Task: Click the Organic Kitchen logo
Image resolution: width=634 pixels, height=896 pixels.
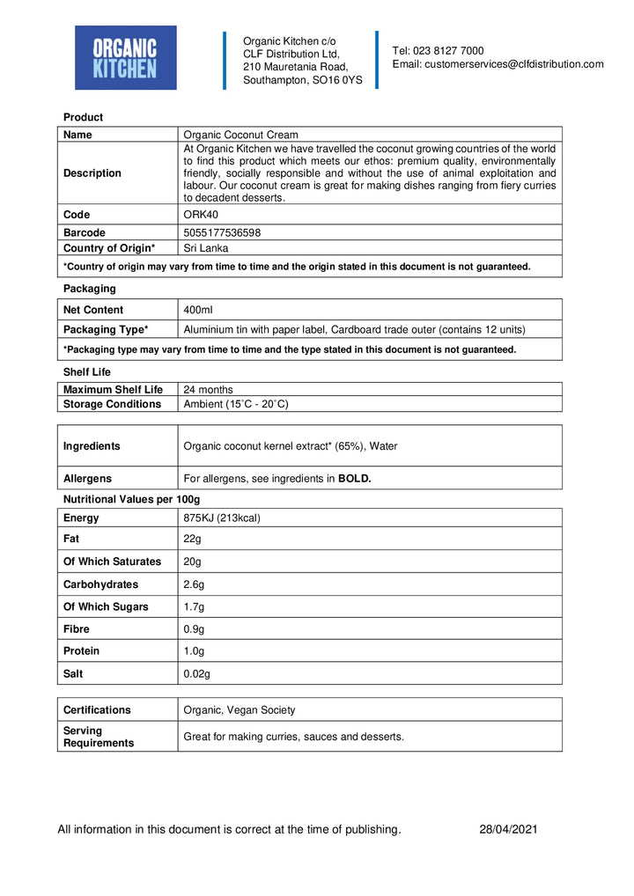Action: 125,57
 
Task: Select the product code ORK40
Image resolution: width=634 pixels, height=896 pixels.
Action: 201,215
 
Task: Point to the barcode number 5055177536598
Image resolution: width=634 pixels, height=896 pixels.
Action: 221,232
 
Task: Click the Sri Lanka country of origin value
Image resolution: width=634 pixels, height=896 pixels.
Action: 205,248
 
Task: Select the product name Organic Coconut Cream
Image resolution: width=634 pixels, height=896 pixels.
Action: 240,135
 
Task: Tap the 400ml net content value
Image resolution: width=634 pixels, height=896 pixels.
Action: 198,310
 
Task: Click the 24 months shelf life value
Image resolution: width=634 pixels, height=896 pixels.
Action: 208,389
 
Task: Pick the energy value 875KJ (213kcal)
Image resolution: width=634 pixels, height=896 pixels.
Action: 222,518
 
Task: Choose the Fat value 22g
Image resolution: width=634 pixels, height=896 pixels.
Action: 192,539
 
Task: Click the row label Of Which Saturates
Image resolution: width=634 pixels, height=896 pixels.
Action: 112,562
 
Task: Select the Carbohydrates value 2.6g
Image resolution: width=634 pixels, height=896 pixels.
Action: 194,584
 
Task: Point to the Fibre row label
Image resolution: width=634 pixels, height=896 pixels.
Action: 77,629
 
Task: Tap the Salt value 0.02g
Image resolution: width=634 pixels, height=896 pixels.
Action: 197,673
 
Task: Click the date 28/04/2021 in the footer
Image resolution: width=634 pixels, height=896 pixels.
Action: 508,829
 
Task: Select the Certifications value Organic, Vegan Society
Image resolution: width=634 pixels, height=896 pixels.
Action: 239,709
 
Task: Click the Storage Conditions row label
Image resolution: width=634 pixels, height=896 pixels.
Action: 112,404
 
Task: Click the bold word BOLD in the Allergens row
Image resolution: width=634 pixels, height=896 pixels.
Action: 355,479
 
